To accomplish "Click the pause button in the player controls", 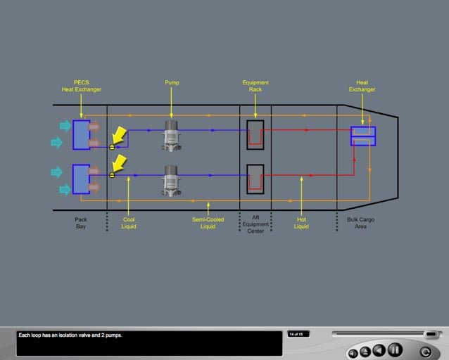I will [x=395, y=349].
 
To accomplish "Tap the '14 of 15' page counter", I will [x=298, y=334].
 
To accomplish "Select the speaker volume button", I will [x=352, y=352].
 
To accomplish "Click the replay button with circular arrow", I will [x=425, y=352].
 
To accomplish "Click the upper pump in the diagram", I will [x=172, y=134].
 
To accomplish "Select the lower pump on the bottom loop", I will [x=172, y=180].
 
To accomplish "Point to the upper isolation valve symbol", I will [x=112, y=147].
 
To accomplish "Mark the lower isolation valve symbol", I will [x=112, y=174].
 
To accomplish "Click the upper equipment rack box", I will [x=255, y=134].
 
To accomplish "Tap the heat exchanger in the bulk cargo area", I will [x=362, y=136].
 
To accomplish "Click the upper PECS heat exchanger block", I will [x=81, y=134].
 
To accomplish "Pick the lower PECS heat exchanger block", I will [x=81, y=180].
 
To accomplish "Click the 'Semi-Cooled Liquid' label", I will [x=208, y=223].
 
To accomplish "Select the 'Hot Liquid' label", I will [x=301, y=223].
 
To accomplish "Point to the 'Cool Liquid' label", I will [x=129, y=223].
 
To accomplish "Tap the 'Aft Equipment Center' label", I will [x=255, y=224].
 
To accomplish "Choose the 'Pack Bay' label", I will [x=81, y=223].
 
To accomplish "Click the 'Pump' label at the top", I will [x=172, y=83].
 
